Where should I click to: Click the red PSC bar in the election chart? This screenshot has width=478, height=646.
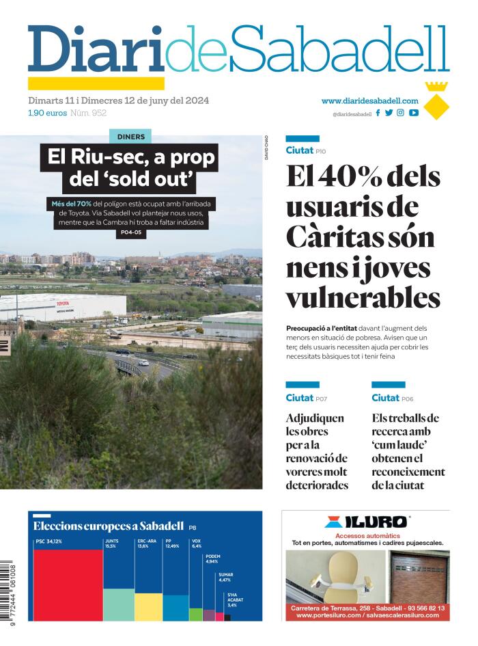68,584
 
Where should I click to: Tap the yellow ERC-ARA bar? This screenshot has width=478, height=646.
148,606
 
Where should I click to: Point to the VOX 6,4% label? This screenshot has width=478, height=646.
197,545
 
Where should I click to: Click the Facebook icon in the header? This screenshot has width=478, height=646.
378,113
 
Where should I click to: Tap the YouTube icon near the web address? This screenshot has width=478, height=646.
414,113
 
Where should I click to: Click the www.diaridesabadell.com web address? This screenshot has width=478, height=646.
369,100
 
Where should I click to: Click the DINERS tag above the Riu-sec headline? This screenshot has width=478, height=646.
130,136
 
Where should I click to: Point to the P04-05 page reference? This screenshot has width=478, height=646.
130,233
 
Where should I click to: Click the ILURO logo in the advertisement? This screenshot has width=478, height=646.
366,522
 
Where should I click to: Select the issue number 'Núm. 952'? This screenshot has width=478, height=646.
89,113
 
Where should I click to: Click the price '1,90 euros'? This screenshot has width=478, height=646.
47,113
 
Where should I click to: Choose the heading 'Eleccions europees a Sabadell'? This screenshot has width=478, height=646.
109,526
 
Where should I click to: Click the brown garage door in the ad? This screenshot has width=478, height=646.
419,574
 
